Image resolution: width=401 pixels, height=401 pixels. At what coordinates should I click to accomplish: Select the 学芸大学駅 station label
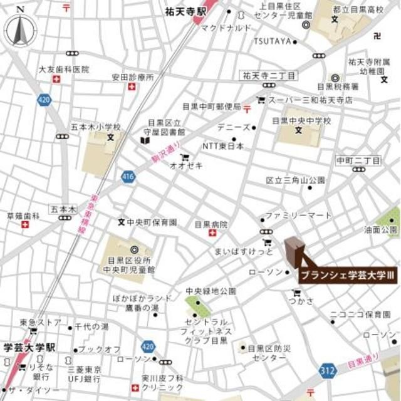pos(29,346)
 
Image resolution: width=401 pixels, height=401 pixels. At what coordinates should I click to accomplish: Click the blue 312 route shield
pos(326,370)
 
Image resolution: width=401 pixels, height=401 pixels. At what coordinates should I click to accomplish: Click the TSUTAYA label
pos(273,41)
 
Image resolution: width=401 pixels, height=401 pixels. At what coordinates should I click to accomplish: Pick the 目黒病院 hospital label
pos(211,224)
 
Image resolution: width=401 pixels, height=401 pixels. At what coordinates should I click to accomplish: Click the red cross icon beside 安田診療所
pos(132,86)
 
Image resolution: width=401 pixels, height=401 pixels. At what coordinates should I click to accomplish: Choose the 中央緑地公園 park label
pos(211,291)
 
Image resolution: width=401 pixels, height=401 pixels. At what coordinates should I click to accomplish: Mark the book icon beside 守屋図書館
pos(145,142)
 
